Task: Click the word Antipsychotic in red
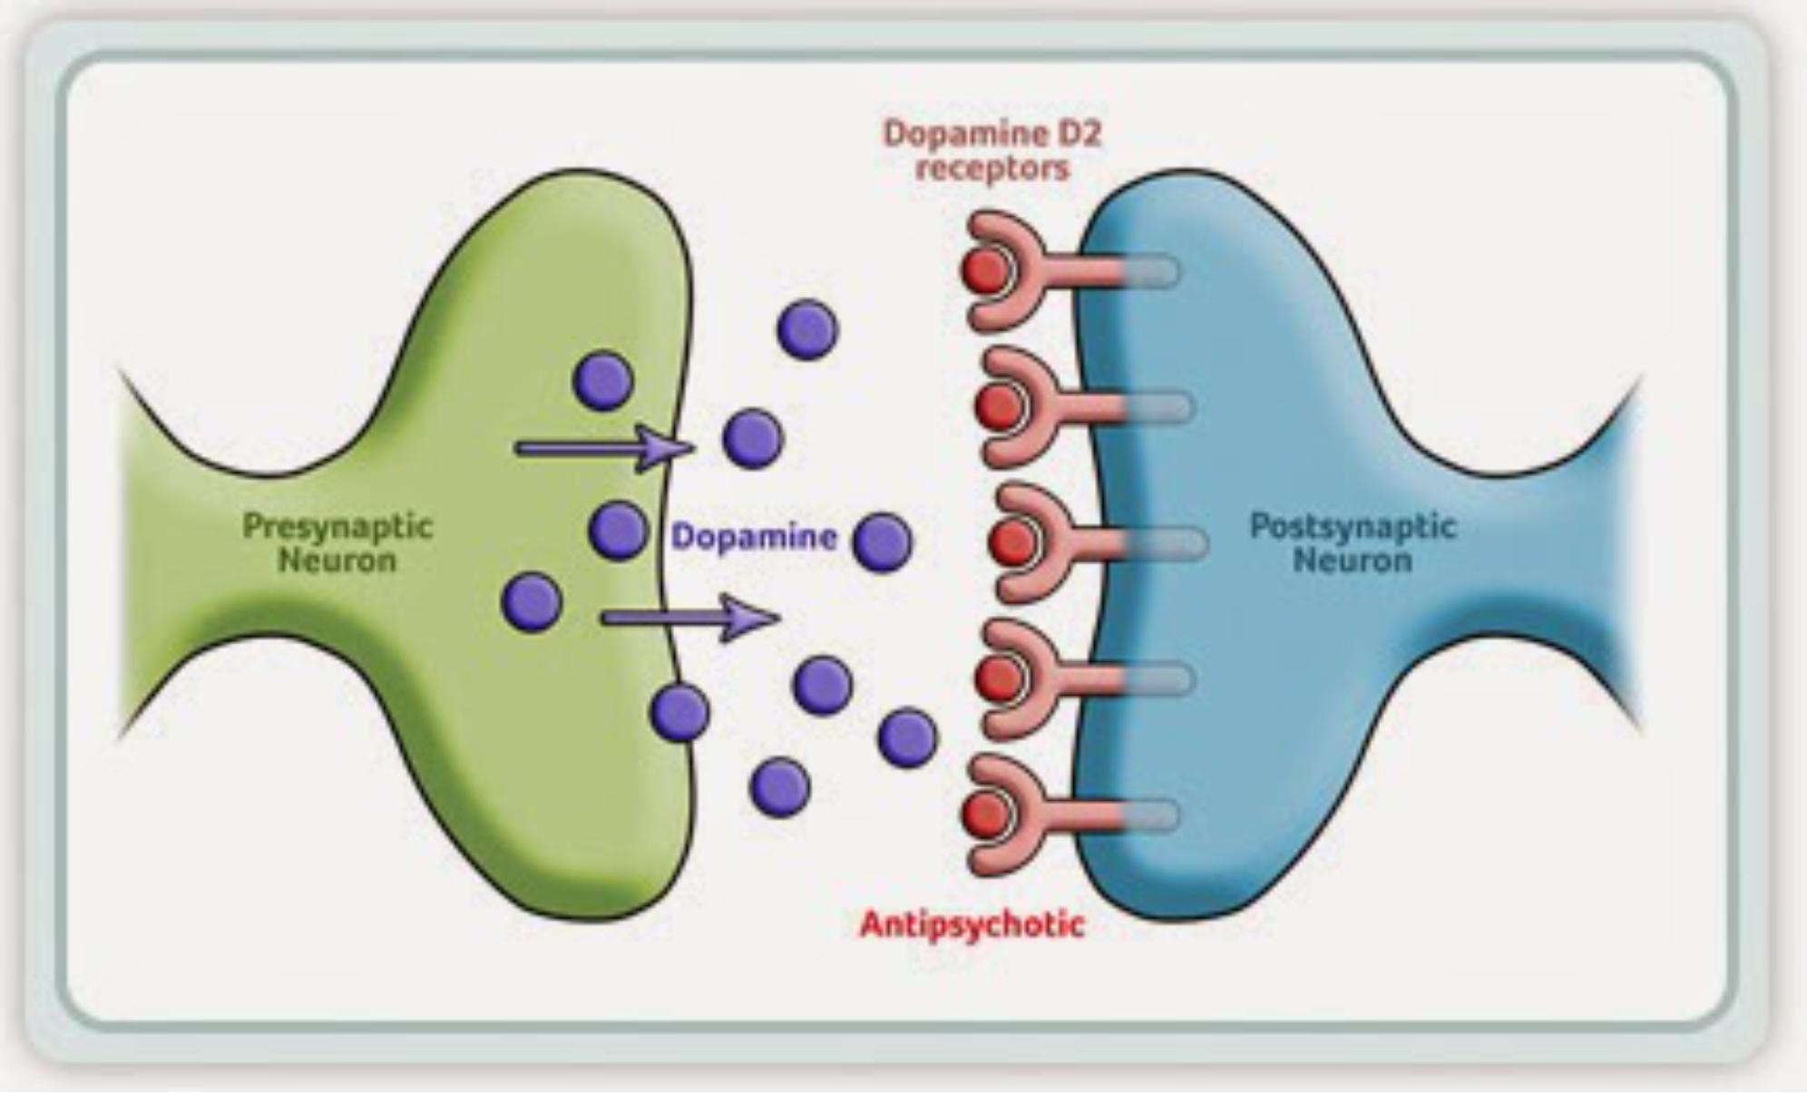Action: coord(972,924)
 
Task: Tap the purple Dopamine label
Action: coord(754,537)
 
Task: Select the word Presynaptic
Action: coord(337,526)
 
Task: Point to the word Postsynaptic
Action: coord(1353,526)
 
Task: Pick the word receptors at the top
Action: coord(992,169)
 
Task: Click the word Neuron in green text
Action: coord(337,561)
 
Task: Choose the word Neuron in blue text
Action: coord(1353,561)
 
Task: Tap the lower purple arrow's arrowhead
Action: coord(749,619)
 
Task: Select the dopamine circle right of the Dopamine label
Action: coord(883,542)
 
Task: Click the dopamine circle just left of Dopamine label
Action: coord(619,531)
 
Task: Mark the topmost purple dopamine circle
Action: coord(807,329)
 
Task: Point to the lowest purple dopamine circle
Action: coord(780,786)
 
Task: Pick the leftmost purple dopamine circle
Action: coord(532,601)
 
